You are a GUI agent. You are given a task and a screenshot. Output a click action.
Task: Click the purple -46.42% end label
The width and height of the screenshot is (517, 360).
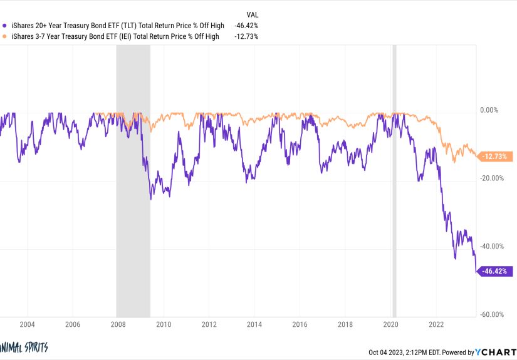tap(496, 271)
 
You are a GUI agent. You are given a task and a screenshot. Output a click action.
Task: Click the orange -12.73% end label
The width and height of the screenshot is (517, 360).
tap(496, 157)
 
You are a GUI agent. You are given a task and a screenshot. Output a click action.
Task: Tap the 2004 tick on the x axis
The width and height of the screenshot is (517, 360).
tap(26, 324)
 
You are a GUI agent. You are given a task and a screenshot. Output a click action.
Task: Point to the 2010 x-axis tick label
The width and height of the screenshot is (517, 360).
tap(164, 324)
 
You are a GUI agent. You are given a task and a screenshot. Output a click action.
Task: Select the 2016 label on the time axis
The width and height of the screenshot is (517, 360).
tap(300, 324)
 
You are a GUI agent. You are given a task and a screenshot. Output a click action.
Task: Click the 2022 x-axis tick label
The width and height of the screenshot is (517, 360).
tap(436, 324)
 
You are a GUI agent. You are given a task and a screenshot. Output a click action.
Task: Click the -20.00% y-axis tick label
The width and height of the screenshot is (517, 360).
tap(491, 178)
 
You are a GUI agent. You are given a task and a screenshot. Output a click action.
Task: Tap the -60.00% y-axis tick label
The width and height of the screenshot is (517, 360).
tap(491, 314)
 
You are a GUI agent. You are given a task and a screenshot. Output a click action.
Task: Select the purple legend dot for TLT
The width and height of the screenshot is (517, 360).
tap(6, 26)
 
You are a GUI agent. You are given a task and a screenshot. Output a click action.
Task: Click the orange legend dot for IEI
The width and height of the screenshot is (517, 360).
tap(6, 36)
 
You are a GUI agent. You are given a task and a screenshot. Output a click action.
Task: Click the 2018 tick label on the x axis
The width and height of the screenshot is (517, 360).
tap(345, 324)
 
